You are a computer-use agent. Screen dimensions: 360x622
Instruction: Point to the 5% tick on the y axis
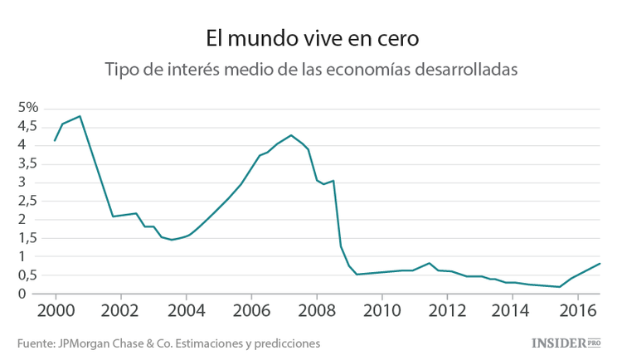pos(28,108)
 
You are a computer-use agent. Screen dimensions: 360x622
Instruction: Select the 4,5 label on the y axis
pos(27,126)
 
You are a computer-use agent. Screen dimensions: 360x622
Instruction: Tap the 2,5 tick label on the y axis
pos(27,201)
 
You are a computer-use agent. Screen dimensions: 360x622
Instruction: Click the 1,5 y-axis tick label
pos(27,238)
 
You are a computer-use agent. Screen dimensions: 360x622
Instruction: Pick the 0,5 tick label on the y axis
pos(27,275)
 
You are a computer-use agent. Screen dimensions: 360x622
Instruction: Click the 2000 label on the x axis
pos(56,310)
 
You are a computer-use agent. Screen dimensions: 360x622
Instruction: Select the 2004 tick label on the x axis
pos(186,310)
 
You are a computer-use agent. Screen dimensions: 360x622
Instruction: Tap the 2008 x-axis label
pos(316,310)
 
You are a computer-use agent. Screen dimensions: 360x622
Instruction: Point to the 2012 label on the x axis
pos(447,310)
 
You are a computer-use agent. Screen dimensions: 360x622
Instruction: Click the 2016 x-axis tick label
pos(576,310)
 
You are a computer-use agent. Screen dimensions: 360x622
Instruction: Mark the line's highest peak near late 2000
pos(80,116)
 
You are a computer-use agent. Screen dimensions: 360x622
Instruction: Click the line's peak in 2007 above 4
pos(291,135)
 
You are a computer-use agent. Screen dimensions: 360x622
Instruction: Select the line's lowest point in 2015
pos(560,287)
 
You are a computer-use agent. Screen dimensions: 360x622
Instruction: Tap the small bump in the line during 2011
pos(429,263)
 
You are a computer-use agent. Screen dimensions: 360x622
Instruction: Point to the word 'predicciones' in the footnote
pos(286,343)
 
